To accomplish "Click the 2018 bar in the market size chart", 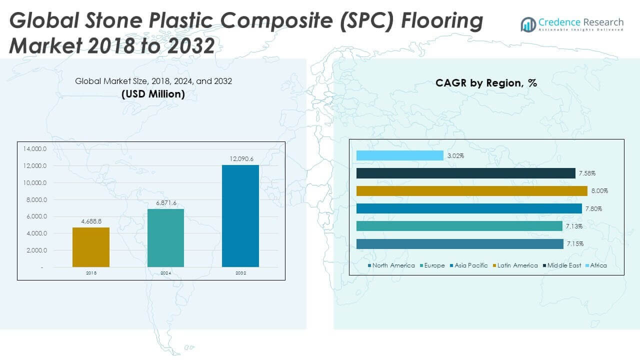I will [90, 247].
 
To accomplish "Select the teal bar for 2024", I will [165, 237].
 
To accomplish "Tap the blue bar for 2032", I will [240, 215].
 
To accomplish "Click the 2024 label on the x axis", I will [165, 273].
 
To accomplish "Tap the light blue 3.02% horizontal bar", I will [399, 155].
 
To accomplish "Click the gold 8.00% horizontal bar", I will [471, 191].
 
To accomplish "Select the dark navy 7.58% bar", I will [465, 173].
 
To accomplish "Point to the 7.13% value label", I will [574, 226].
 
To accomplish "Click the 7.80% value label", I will [593, 208].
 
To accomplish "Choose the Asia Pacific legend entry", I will [471, 265].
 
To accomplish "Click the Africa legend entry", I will [598, 265].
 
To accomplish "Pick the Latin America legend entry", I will [517, 265].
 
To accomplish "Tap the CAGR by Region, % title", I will [486, 83].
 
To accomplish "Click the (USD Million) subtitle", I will [153, 94].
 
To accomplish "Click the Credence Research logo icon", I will [528, 24].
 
